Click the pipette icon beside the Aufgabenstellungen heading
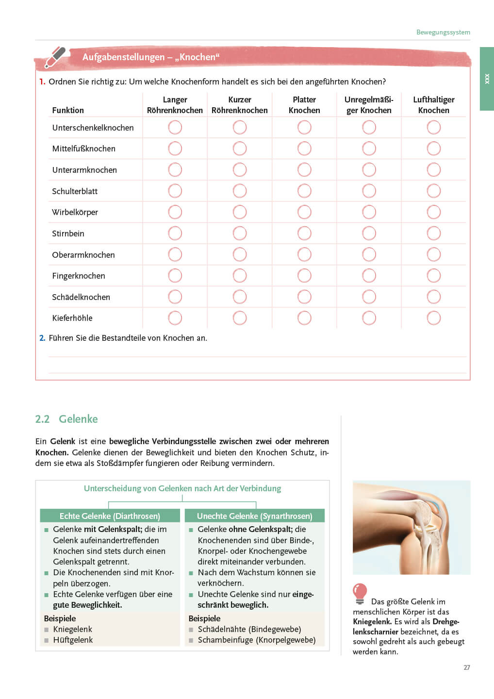(x=55, y=57)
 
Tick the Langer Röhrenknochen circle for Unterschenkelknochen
(x=175, y=127)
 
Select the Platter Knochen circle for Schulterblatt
(x=304, y=191)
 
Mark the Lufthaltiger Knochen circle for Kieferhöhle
(x=433, y=318)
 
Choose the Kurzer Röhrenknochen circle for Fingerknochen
(x=240, y=276)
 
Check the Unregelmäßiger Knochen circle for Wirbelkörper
(x=369, y=212)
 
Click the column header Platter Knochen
(x=304, y=105)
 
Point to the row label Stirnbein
(x=68, y=233)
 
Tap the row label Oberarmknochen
(x=83, y=255)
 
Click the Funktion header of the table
(x=68, y=110)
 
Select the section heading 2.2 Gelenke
(x=66, y=419)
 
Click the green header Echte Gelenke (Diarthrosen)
(x=110, y=516)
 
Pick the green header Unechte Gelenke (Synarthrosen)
(x=254, y=516)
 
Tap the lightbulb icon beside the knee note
(x=360, y=593)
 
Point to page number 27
(x=466, y=667)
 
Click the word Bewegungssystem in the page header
(x=443, y=32)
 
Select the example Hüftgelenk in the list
(x=73, y=640)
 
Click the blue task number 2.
(x=42, y=338)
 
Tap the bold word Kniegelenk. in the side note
(x=372, y=621)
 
